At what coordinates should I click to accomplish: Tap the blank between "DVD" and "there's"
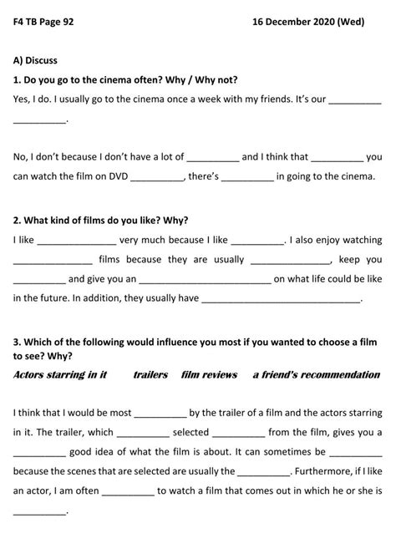(156, 178)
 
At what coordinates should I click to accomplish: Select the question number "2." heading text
(18, 221)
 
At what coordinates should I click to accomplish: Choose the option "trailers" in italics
(150, 375)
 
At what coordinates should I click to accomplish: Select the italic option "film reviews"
(209, 375)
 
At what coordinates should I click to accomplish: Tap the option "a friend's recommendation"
(317, 375)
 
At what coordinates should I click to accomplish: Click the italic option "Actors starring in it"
(60, 375)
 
